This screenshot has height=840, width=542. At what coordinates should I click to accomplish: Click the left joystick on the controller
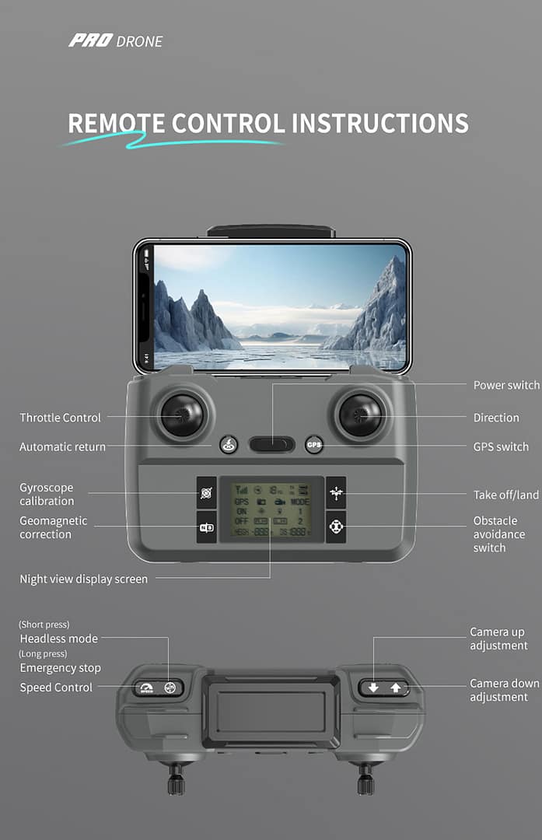coord(182,415)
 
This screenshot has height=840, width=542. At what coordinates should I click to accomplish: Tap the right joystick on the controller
coord(360,415)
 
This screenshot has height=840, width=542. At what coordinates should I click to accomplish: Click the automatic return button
coord(228,445)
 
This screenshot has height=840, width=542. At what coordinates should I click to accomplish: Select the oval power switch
coord(271,445)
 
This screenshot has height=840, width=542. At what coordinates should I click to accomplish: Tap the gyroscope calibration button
coord(206,492)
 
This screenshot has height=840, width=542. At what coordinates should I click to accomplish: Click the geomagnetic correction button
coord(206,527)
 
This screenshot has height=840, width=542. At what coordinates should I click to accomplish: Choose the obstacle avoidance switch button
coord(336,527)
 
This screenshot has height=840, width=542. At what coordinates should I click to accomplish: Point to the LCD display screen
coord(271,509)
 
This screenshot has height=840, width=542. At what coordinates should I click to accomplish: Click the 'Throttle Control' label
coord(60,418)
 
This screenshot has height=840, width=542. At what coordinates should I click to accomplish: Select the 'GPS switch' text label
coord(501,446)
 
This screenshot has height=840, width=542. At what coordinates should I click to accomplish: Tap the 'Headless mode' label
coord(59,639)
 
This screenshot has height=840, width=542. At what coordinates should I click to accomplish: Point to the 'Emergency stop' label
coord(60,668)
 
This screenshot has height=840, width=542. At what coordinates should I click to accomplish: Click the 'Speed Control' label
coord(56,688)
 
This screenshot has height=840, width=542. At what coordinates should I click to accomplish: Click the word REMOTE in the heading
coord(116,124)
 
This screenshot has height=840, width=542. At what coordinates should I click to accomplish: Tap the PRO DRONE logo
coord(116,41)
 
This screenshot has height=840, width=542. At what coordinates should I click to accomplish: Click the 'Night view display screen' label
coord(83,579)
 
